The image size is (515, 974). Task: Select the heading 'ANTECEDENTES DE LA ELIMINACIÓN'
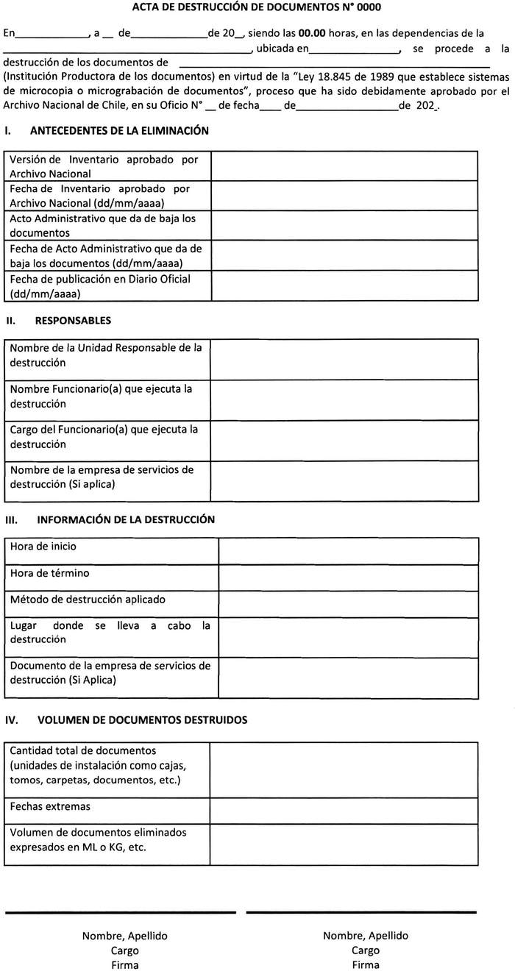click(x=120, y=131)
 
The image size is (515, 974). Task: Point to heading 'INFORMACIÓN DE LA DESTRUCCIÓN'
click(x=126, y=519)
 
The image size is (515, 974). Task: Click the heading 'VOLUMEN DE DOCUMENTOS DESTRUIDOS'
click(x=142, y=720)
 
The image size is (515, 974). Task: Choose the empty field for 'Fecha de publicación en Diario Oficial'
click(x=344, y=286)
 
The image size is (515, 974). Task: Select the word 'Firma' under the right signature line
click(x=366, y=965)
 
